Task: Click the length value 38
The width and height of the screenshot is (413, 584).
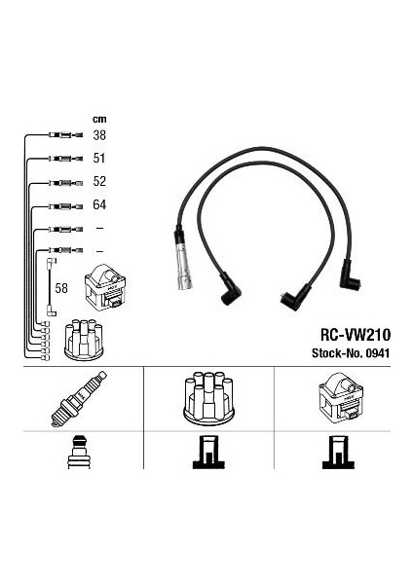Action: pos(99,135)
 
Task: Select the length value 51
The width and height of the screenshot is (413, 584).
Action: pos(99,159)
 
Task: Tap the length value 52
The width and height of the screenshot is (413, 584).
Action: pos(99,181)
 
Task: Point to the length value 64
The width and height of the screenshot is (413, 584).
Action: pos(99,204)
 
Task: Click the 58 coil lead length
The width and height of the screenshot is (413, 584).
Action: pos(61,288)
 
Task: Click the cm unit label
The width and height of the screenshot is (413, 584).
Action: pos(99,119)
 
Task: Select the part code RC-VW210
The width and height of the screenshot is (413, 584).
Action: pos(356,335)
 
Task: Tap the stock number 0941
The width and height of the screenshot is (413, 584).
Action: pos(378,352)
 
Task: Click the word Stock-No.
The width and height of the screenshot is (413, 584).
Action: pos(337,352)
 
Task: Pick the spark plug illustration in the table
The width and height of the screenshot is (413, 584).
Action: pos(79,398)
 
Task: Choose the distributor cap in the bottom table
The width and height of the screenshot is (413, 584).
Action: pos(208,398)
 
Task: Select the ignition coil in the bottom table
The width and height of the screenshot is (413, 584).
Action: pos(341,398)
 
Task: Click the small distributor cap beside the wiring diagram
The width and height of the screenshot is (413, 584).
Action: pos(84,340)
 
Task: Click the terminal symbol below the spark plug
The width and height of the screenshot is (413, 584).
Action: pos(79,452)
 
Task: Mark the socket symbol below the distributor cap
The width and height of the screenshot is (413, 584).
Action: pos(208,453)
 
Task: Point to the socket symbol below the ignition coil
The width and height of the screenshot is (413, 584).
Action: pos(338,453)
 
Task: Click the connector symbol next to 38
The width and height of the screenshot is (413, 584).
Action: pos(65,135)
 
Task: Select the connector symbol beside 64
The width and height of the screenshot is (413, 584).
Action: pos(65,206)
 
